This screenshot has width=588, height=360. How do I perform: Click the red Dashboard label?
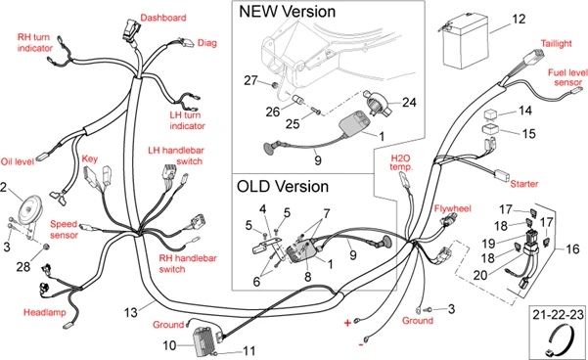click(162, 18)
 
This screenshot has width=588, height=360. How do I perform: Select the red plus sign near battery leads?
click(345, 321)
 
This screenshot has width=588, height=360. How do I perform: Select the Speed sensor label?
click(64, 228)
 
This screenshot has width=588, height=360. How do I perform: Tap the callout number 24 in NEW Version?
click(408, 102)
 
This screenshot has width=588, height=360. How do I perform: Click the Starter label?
click(527, 182)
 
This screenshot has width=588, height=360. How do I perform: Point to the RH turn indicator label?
click(34, 41)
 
